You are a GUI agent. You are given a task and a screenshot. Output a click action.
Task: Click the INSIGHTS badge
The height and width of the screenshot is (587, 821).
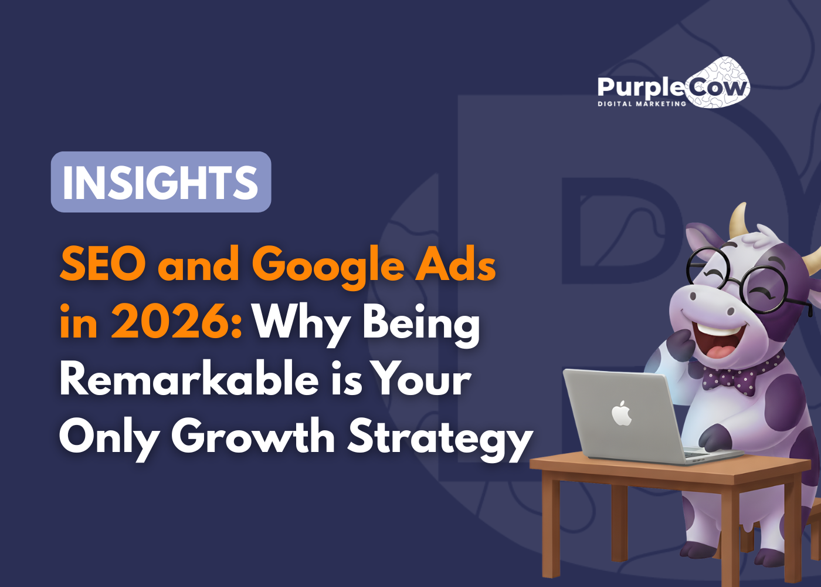pos(161,182)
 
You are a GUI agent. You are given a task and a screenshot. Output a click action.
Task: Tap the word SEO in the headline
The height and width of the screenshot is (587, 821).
pos(103,264)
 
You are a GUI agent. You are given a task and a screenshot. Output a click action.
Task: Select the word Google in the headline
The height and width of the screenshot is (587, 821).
pos(328,265)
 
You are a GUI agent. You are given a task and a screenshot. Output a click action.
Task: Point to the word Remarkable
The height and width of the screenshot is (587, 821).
pos(189,379)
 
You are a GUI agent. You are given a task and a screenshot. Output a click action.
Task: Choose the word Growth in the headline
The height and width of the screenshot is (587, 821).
pos(253,437)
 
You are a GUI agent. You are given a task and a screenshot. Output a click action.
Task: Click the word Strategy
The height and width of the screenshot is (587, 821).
pos(440,438)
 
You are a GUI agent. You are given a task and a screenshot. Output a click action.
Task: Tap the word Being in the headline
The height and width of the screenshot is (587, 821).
pos(421,323)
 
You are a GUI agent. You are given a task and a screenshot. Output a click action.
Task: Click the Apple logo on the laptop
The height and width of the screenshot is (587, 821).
pos(622,413)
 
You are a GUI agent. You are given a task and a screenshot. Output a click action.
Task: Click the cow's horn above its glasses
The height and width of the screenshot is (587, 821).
pos(738,220)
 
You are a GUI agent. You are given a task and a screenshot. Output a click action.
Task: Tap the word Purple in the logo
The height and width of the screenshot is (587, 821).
pos(641,87)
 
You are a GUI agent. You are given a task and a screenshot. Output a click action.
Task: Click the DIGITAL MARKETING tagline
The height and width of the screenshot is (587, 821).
pos(642,104)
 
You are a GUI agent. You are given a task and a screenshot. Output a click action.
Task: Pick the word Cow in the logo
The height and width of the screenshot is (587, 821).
pos(717,88)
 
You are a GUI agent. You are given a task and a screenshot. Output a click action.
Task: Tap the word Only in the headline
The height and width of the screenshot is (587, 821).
pos(108,438)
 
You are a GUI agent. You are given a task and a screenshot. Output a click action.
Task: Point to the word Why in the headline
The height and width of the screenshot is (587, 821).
pos(300,323)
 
